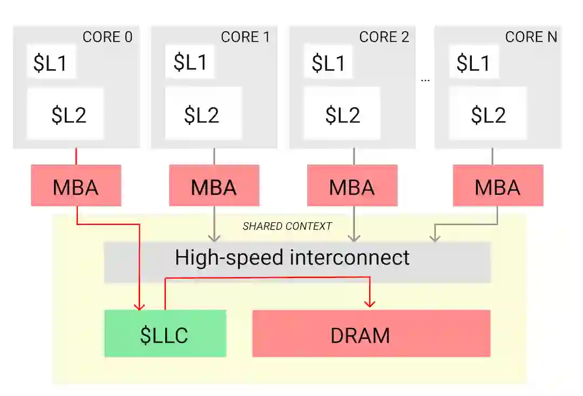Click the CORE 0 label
click(107, 37)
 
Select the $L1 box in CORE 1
click(189, 62)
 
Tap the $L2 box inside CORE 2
click(342, 114)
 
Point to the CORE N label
click(531, 37)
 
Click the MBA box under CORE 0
click(76, 187)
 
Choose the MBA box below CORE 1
click(214, 187)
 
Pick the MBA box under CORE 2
click(352, 187)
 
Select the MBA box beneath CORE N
click(498, 187)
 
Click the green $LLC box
click(165, 334)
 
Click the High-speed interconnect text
click(292, 257)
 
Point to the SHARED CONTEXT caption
click(287, 226)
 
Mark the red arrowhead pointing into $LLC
click(140, 305)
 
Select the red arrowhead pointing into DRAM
click(370, 303)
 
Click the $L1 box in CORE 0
click(51, 63)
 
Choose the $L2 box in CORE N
click(488, 114)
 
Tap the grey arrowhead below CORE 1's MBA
click(214, 237)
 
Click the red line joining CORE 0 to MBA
click(76, 156)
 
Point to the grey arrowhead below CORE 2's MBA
click(354, 237)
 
